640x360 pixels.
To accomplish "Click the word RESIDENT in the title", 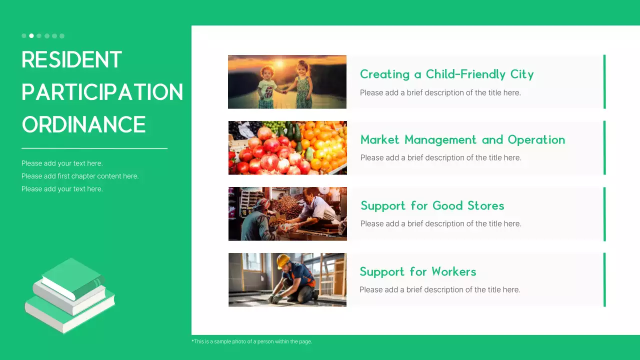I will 71,60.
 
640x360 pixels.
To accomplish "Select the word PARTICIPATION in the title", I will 102,92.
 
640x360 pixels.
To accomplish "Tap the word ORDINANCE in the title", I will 83,124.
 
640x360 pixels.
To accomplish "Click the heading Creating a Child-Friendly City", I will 446,74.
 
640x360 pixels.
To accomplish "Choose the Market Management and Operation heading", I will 462,140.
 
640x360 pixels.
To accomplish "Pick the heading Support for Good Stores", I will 432,206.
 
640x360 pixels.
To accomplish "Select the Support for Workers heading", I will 417,272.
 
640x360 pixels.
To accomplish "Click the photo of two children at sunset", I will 287,82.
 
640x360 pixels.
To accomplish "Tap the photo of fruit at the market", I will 287,148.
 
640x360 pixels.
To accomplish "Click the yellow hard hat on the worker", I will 283,260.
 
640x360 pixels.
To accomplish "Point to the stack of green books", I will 70,295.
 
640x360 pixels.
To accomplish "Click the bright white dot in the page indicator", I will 31,36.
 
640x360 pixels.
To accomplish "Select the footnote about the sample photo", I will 251,341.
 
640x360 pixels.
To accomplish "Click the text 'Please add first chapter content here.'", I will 80,176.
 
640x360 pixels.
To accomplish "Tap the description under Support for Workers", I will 439,289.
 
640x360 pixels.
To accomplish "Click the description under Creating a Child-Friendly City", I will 440,92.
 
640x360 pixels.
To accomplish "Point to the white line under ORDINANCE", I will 94,148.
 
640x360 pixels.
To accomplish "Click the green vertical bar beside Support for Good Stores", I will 604,214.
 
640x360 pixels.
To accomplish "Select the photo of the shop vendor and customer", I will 287,214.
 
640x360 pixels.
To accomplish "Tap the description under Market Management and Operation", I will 440,157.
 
